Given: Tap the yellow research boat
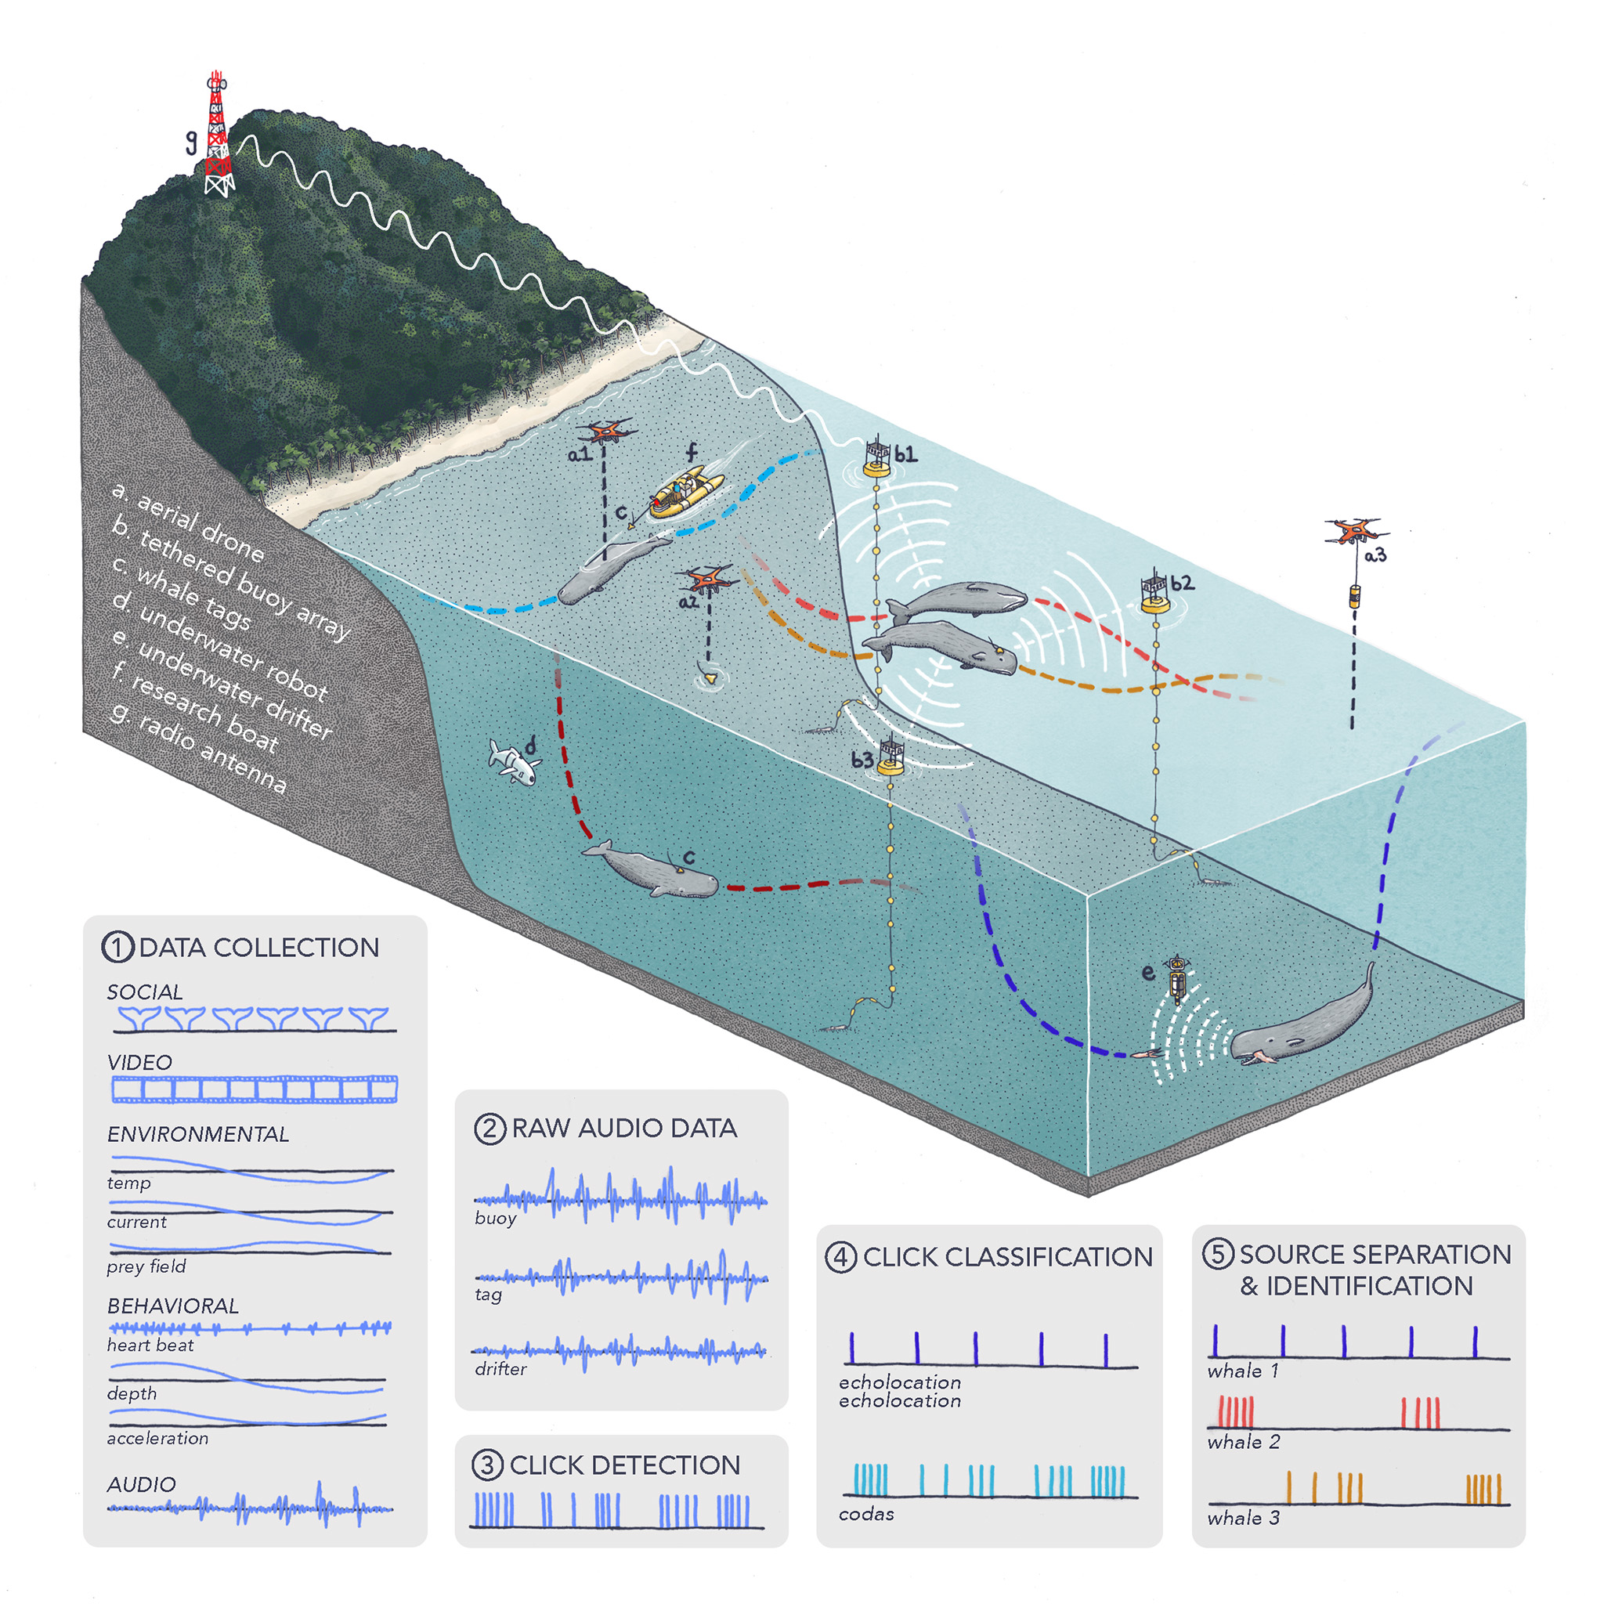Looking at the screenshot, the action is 687,492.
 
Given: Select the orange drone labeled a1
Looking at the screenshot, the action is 607,431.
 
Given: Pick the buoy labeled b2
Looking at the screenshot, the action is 1155,592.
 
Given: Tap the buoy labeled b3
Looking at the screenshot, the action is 890,757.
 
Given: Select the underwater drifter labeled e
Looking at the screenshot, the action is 1177,979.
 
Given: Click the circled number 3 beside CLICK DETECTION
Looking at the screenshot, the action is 487,1465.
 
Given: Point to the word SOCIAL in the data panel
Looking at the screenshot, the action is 146,992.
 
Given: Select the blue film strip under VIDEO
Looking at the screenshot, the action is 255,1089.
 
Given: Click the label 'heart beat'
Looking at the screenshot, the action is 150,1344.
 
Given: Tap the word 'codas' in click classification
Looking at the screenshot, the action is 866,1513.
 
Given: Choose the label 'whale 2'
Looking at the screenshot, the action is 1243,1441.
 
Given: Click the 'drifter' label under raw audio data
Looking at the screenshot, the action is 500,1368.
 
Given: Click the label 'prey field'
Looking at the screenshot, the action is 146,1266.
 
